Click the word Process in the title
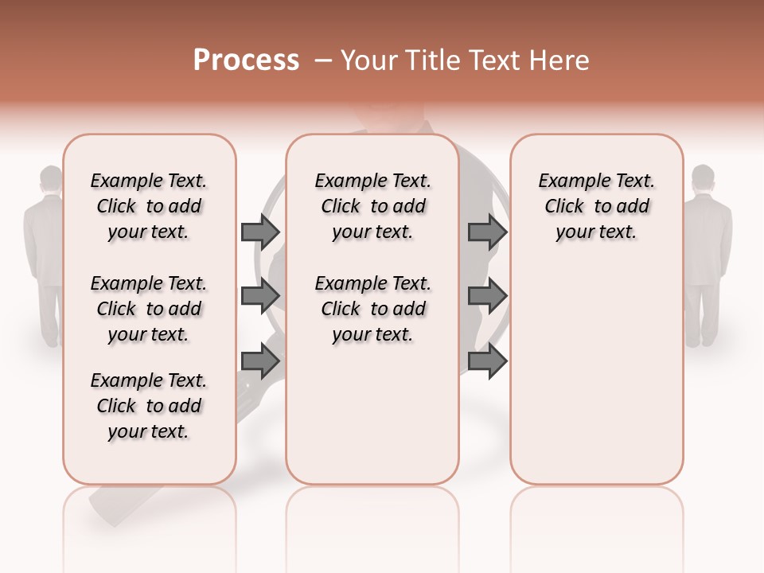click(246, 60)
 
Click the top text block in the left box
click(149, 206)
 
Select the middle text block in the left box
click(149, 309)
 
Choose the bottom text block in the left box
click(149, 406)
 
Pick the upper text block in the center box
click(373, 206)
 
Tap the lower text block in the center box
click(373, 309)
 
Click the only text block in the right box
click(597, 206)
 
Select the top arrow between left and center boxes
click(260, 232)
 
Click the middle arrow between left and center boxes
click(260, 296)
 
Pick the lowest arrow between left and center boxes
click(260, 361)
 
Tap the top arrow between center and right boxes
click(487, 232)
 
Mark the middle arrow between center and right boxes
click(487, 296)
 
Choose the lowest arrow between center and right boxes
click(487, 361)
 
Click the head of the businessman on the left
click(52, 180)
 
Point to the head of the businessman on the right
click(703, 178)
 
